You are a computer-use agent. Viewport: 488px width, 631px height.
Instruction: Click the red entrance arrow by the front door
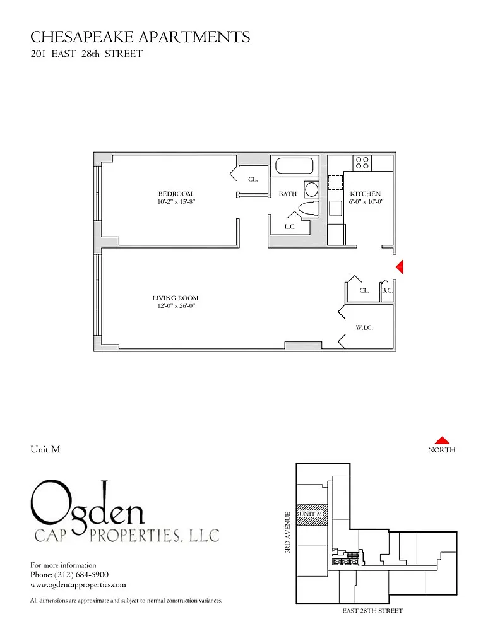(x=400, y=267)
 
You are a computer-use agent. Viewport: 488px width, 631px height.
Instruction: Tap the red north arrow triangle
(x=442, y=440)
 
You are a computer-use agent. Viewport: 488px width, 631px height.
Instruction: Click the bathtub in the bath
(x=294, y=166)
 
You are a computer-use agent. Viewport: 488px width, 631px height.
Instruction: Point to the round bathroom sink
(x=312, y=189)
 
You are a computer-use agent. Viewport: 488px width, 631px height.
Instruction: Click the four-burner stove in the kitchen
(x=362, y=163)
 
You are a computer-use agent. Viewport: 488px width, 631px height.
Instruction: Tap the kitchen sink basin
(x=335, y=208)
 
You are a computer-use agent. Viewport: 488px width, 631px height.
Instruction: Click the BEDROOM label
(x=175, y=194)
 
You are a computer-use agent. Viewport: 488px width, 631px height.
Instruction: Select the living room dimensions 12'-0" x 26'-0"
(x=176, y=306)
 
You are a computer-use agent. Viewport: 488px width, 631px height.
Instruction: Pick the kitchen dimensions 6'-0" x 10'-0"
(x=366, y=201)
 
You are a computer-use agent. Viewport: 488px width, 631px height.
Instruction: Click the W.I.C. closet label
(x=364, y=327)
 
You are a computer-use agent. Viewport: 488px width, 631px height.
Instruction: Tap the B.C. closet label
(x=387, y=290)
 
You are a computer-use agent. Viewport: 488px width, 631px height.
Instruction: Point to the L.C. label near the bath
(x=290, y=227)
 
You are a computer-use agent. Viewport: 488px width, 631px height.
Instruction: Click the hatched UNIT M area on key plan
(x=312, y=515)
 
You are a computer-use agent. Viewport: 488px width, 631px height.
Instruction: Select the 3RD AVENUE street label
(x=287, y=532)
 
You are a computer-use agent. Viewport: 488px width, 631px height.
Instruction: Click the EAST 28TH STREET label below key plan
(x=372, y=610)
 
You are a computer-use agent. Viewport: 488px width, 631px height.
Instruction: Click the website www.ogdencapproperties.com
(x=78, y=585)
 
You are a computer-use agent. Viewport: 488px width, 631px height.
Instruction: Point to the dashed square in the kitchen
(x=335, y=182)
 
